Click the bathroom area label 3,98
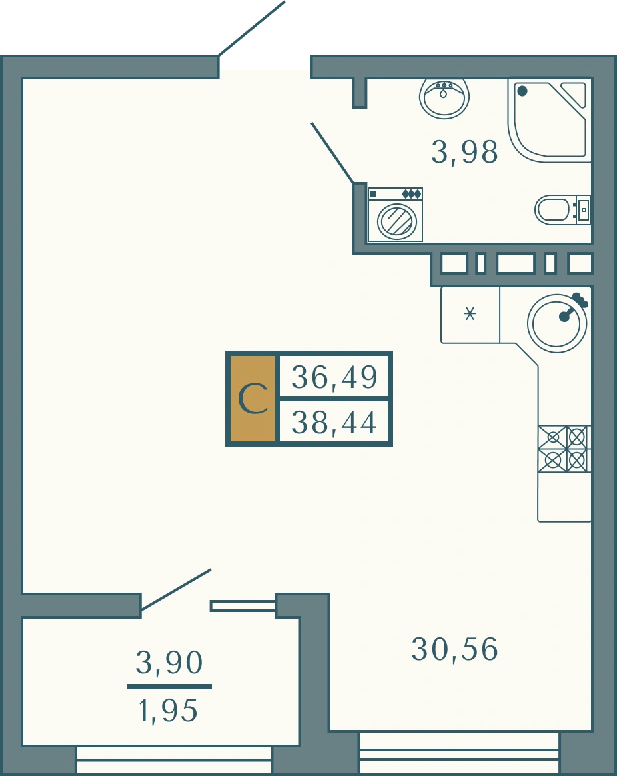point(464,152)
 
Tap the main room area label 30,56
point(454,649)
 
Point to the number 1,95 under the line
point(168,711)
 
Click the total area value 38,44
point(334,423)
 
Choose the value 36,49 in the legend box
point(334,377)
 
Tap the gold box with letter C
point(253,399)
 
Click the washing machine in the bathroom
point(395,215)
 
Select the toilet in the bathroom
point(562,210)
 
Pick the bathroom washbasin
point(444,97)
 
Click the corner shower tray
point(550,120)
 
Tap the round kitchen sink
point(557,323)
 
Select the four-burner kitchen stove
point(564,449)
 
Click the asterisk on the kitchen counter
point(470,314)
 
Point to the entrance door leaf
point(252,28)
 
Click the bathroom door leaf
point(332,153)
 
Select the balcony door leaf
point(176,589)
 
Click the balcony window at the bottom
point(174,761)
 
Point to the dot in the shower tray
point(522,91)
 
